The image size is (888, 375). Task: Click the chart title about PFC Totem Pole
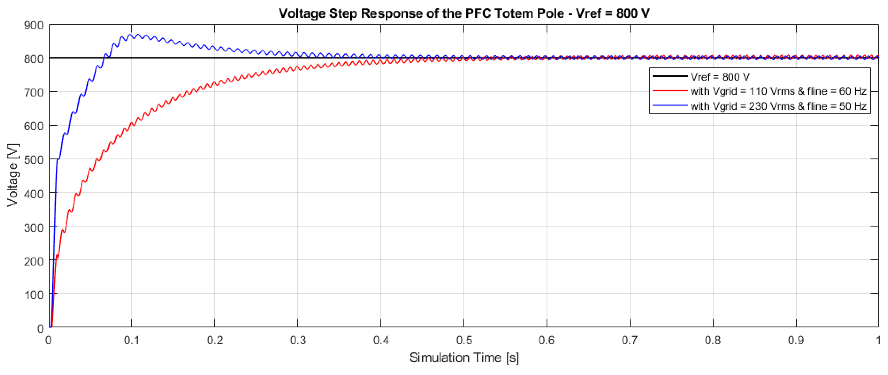coord(464,13)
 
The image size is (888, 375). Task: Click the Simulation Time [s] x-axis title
coord(464,357)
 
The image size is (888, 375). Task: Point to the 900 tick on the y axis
coord(34,25)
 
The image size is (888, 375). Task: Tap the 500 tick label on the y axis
coord(34,160)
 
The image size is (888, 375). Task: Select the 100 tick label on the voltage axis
coord(34,295)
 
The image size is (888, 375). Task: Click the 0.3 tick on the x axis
coord(298,341)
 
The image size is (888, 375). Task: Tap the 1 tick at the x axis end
coord(878,341)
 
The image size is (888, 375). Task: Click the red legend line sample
coord(670,91)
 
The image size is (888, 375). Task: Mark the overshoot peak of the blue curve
coord(138,34)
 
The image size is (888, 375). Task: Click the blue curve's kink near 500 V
coord(58,159)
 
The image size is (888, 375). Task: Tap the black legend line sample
coord(670,76)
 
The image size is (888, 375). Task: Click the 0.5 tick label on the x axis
coord(464,341)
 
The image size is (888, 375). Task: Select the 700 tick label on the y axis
coord(34,92)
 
